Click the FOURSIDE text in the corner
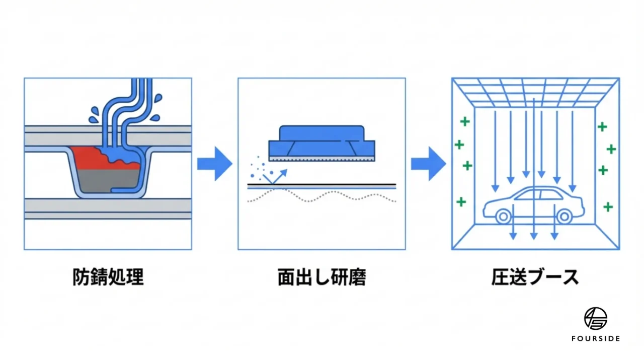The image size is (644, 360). (x=595, y=339)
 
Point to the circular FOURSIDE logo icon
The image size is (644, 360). (x=595, y=318)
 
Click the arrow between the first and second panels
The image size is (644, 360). (x=214, y=163)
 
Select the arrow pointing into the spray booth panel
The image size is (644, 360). (x=428, y=163)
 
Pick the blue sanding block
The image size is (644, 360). (x=322, y=141)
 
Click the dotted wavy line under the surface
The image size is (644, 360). (x=322, y=196)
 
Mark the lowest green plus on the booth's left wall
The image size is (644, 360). (x=461, y=202)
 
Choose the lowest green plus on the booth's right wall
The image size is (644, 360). (x=608, y=206)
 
